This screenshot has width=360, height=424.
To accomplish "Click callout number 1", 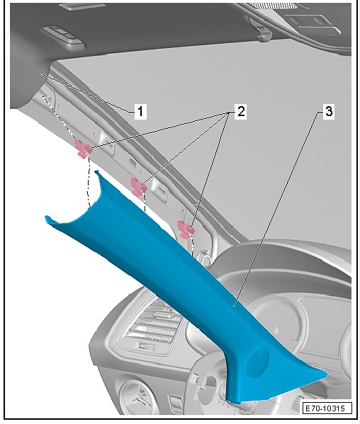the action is [140, 111].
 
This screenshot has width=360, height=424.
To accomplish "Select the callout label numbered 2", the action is [241, 111].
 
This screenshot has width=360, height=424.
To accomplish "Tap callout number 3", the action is [329, 111].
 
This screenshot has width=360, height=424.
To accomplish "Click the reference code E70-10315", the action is [327, 408].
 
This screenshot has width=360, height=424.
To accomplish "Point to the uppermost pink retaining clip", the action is [83, 149].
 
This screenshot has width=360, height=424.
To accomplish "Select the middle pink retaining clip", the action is [138, 186].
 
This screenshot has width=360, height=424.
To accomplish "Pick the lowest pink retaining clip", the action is [186, 229].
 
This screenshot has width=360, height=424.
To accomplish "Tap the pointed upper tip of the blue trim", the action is [96, 171].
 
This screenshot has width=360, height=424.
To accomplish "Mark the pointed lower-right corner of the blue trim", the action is [327, 375].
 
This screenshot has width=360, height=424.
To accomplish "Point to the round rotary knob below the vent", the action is [135, 398].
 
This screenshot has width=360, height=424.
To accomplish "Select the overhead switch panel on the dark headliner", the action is [64, 35].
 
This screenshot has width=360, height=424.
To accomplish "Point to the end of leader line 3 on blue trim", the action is [235, 306].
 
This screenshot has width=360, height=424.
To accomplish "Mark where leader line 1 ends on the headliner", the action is [41, 74].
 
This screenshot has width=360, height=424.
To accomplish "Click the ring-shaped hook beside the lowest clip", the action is [205, 258].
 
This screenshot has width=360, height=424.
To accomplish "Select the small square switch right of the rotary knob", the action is [176, 402].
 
